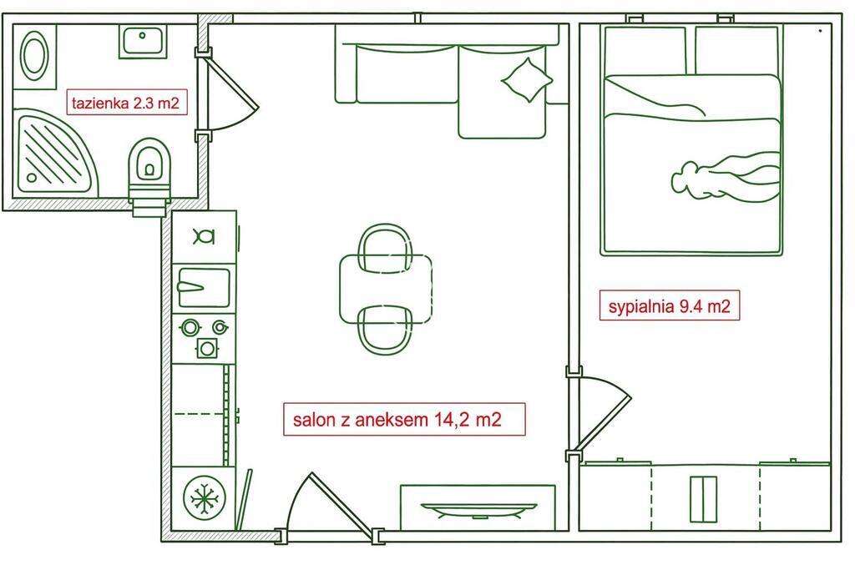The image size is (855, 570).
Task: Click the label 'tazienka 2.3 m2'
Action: (x=125, y=103)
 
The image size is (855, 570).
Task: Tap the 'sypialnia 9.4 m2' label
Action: (x=670, y=306)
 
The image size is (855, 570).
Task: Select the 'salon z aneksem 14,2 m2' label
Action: (x=404, y=420)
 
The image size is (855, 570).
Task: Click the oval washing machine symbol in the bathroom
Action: (x=35, y=56)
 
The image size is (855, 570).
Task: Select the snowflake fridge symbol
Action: (x=203, y=500)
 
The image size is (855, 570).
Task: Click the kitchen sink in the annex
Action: (x=203, y=288)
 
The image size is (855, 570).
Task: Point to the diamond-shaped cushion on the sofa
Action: (x=527, y=80)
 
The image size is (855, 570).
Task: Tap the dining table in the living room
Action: (x=386, y=289)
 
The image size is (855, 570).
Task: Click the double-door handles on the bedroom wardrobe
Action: (x=703, y=498)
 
